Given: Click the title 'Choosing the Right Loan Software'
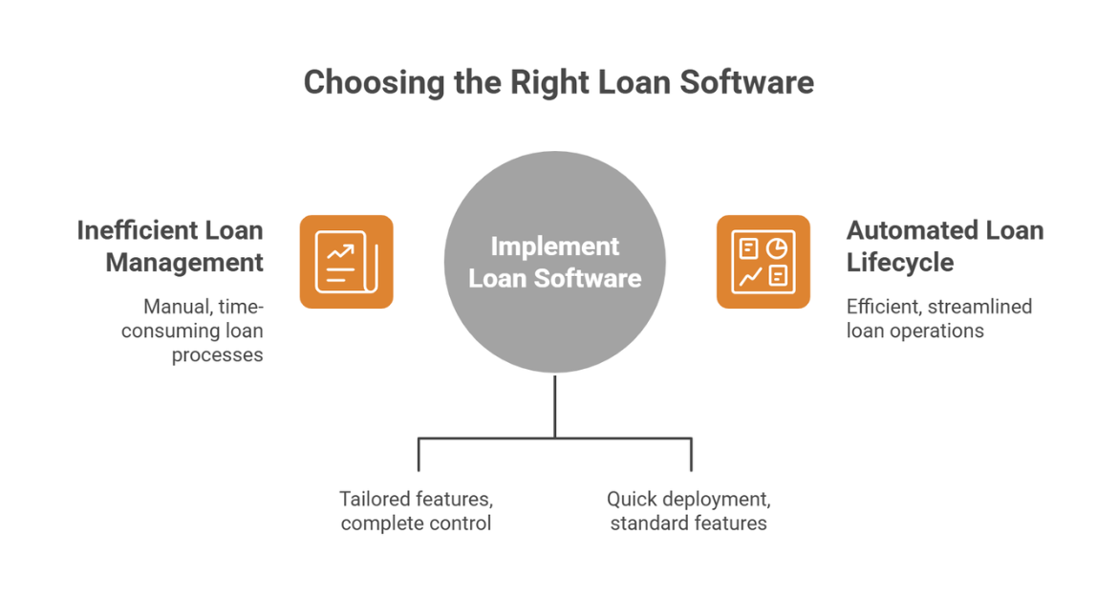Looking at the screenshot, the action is click(558, 82).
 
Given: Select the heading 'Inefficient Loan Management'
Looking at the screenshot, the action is click(170, 246).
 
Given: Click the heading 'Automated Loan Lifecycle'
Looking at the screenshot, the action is click(944, 246).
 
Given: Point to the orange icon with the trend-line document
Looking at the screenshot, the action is click(346, 262).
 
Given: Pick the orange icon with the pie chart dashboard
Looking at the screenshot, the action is click(763, 262).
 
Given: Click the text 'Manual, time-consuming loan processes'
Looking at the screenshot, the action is click(204, 331).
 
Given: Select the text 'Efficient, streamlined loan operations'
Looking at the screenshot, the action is click(938, 319).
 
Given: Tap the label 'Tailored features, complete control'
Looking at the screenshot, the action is click(416, 511).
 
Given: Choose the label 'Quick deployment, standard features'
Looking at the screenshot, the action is click(688, 511).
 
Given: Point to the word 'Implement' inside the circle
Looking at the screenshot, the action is click(554, 246).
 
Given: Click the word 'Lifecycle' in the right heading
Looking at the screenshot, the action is click(900, 262).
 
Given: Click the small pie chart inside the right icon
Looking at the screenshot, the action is click(776, 248).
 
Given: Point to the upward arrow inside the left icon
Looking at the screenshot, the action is click(340, 253).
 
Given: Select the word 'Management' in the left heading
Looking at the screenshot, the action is click(184, 262).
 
